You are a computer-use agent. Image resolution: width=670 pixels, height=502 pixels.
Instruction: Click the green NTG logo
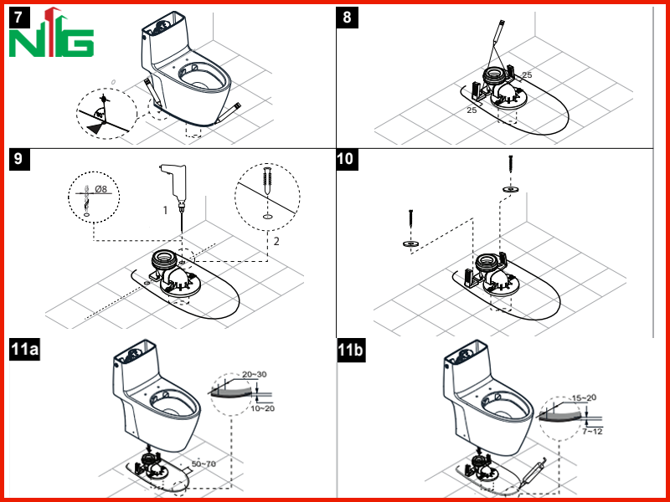coord(51,33)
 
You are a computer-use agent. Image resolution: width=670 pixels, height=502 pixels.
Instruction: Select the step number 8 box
coord(347,18)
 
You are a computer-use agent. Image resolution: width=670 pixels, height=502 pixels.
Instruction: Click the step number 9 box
coord(19,159)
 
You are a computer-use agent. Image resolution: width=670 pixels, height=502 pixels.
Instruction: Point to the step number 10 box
coord(347,159)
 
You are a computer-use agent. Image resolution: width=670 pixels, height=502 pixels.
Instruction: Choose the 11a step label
coord(24,349)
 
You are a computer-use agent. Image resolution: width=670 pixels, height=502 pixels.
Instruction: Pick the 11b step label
coord(351,350)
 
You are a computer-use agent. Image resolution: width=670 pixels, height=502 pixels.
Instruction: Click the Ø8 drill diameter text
coord(100,189)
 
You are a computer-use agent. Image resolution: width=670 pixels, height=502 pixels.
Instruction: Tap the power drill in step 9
coord(176,187)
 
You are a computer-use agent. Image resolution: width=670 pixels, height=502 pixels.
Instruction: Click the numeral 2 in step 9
coord(276,241)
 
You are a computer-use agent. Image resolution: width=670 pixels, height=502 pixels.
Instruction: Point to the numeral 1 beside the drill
coord(165,210)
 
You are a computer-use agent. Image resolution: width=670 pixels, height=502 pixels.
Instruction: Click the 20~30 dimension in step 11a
coord(255,374)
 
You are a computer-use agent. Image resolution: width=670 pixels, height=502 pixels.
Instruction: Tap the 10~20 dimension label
coord(262,408)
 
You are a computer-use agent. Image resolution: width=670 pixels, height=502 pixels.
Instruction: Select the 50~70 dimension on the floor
coord(204,464)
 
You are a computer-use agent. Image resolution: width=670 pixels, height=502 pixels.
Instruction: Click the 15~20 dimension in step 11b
coord(584,398)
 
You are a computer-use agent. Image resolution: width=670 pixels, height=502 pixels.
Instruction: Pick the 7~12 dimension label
coord(592,432)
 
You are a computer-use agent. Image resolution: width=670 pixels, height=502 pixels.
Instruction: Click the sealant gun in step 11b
coord(531,474)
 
